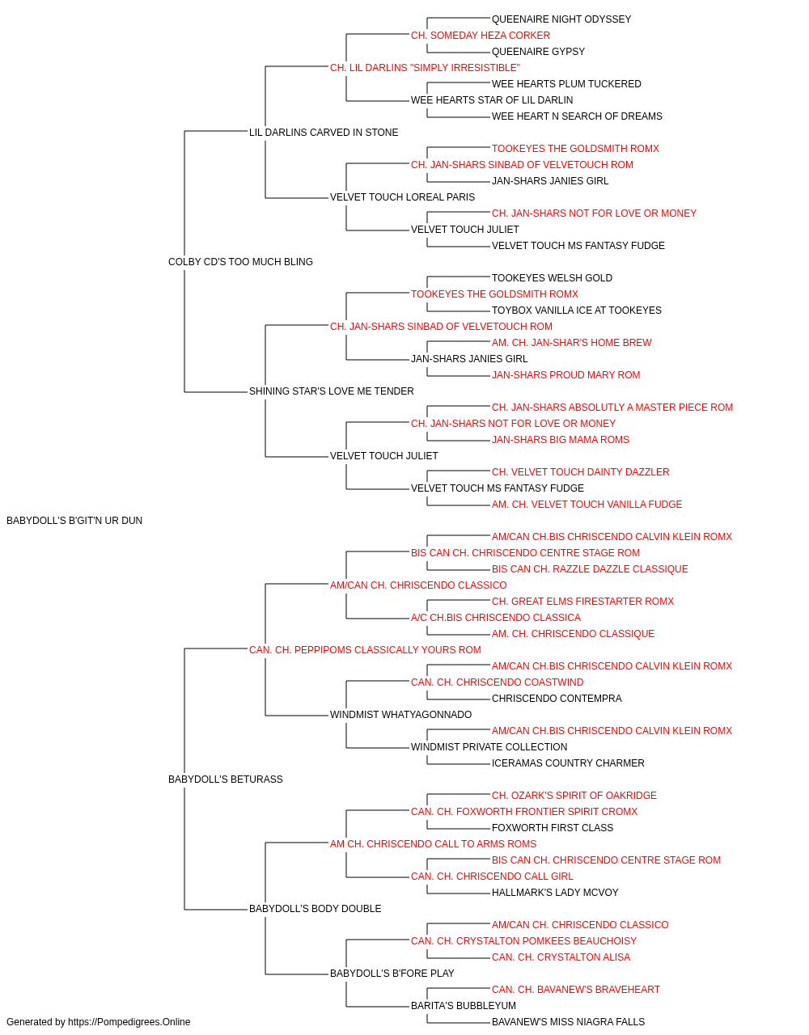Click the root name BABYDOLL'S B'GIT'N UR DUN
tap(74, 521)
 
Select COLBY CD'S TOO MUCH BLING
tap(240, 262)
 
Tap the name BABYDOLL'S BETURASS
tap(226, 779)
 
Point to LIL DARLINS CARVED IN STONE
tap(324, 133)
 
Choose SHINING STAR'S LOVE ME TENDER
tap(332, 391)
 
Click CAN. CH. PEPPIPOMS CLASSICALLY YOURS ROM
tap(365, 650)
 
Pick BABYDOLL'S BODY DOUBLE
tap(315, 909)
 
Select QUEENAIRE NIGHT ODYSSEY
tap(561, 19)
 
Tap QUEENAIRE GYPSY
tap(538, 52)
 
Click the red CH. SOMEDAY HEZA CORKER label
tap(481, 36)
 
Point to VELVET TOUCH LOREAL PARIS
tap(403, 197)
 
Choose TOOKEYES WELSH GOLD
tap(552, 278)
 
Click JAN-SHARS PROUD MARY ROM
tap(565, 375)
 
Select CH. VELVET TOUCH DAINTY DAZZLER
tap(580, 472)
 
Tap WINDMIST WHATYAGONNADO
tap(400, 715)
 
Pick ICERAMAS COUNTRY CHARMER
tap(568, 763)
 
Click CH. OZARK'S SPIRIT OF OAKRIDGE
tap(574, 796)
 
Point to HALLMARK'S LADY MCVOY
tap(555, 893)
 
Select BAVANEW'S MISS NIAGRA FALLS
tap(568, 1022)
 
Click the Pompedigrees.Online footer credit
tap(98, 1022)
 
